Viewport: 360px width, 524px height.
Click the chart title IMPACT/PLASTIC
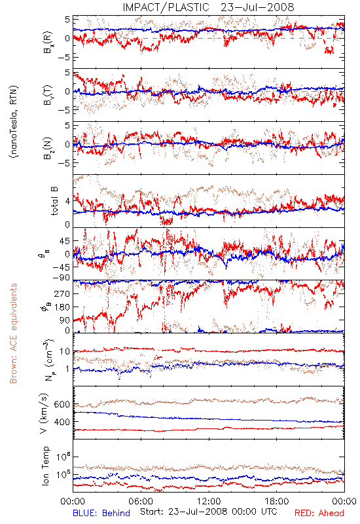[x=166, y=7]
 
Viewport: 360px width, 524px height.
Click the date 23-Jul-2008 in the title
[x=257, y=7]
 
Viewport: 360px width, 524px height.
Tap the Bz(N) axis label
[x=48, y=148]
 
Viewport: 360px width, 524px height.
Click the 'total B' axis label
[x=54, y=201]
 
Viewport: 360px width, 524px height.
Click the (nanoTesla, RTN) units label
[x=14, y=121]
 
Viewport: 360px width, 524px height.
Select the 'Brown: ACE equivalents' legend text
[x=13, y=333]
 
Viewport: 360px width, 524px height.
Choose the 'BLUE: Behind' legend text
[x=101, y=513]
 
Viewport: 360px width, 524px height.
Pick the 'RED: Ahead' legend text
[x=319, y=513]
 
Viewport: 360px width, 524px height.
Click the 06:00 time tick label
[x=141, y=501]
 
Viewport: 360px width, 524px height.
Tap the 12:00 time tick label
[x=209, y=501]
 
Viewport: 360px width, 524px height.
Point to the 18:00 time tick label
[x=277, y=501]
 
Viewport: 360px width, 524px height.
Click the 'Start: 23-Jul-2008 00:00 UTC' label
[x=208, y=512]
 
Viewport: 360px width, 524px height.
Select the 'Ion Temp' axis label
[x=45, y=466]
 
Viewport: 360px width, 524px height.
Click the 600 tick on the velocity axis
[x=62, y=404]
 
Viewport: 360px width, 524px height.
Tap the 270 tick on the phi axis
[x=62, y=293]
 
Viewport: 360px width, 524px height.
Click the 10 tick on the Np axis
[x=65, y=352]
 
